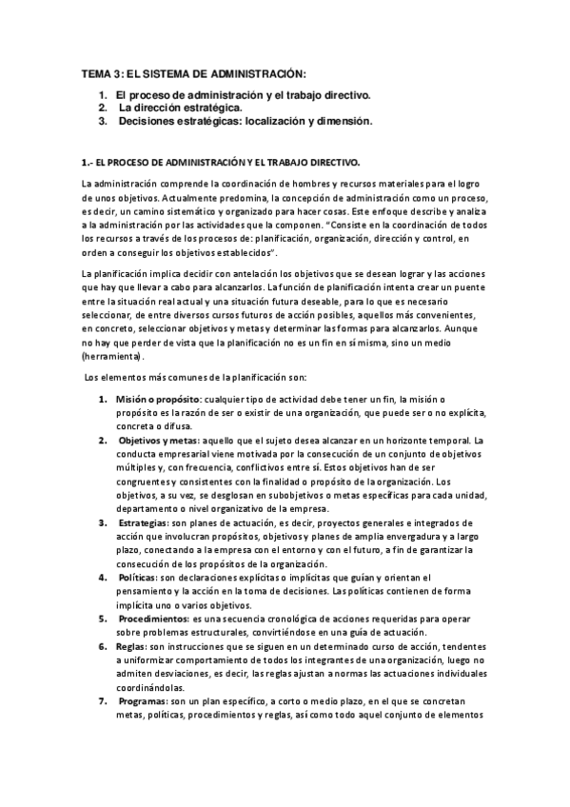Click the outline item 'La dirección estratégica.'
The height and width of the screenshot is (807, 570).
(172, 108)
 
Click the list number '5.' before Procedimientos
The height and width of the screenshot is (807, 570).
(103, 620)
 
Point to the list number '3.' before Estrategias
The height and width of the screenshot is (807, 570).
(103, 523)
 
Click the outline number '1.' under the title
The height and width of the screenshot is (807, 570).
(103, 95)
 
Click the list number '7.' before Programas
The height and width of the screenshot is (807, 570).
(103, 702)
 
